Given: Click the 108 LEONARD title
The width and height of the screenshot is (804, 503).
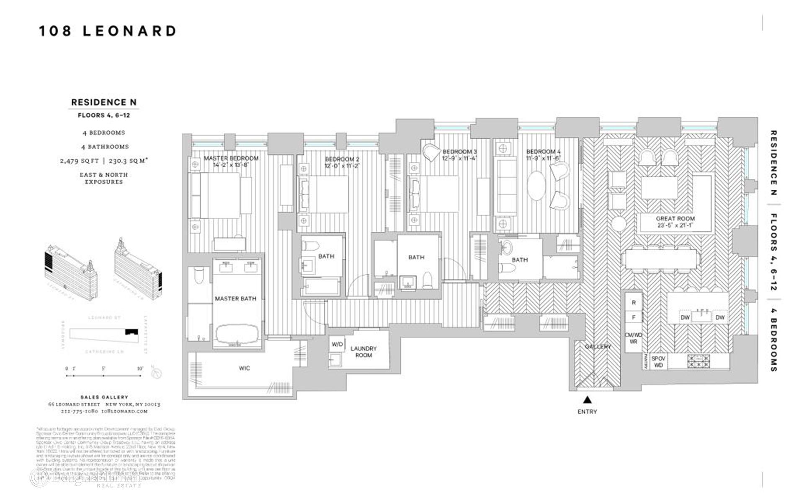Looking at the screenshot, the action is click(x=108, y=31).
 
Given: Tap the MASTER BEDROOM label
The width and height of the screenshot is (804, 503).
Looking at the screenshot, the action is click(x=231, y=158).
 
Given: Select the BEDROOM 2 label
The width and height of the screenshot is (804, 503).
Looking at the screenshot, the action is click(x=342, y=160).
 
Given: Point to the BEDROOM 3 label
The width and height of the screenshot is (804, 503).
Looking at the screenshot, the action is click(x=459, y=152).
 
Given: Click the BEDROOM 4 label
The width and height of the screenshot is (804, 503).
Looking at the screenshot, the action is click(x=543, y=152).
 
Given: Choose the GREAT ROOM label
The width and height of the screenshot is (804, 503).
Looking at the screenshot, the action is click(x=675, y=219).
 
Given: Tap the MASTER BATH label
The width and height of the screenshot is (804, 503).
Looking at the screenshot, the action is click(x=235, y=299).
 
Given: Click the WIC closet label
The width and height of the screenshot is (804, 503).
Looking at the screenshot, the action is click(x=245, y=368).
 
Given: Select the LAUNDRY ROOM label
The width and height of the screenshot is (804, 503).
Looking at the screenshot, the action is click(x=363, y=352).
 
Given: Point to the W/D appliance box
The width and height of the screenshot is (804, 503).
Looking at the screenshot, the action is click(x=337, y=345).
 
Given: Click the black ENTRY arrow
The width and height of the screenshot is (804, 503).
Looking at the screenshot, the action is click(x=587, y=399).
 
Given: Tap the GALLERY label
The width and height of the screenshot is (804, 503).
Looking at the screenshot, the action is click(x=598, y=347).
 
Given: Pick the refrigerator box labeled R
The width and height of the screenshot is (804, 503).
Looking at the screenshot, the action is click(x=634, y=303).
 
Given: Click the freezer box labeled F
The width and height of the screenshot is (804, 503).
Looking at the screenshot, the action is click(x=634, y=318).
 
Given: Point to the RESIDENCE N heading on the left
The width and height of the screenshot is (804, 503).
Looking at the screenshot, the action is click(x=104, y=102).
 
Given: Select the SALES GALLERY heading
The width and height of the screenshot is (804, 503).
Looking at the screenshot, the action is click(x=104, y=397).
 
